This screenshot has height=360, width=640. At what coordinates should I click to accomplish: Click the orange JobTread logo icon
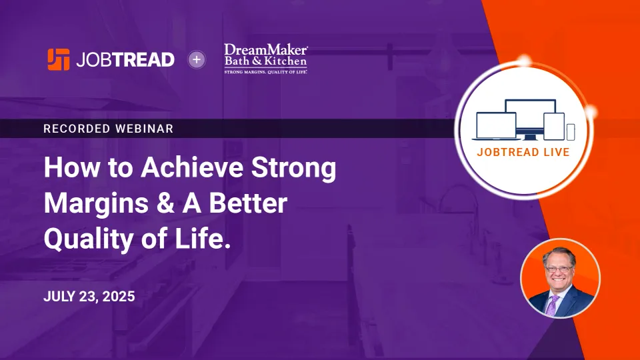(x=59, y=59)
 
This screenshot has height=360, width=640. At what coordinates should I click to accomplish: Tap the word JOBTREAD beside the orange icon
(x=125, y=60)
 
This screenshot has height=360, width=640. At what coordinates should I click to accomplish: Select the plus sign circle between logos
(x=197, y=59)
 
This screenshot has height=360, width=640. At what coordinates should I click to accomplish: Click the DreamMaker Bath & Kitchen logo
(x=266, y=59)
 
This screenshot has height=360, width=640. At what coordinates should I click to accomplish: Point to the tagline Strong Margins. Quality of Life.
(x=266, y=72)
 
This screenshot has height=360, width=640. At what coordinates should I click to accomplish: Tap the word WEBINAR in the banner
(x=145, y=129)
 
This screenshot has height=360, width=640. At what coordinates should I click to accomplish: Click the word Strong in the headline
(x=293, y=168)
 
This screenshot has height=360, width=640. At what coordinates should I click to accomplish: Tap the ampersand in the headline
(x=165, y=203)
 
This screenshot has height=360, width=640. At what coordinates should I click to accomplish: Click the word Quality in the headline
(x=89, y=239)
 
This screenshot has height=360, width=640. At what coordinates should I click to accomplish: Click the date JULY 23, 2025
(x=89, y=296)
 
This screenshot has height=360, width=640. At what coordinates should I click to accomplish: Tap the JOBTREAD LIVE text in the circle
(x=523, y=152)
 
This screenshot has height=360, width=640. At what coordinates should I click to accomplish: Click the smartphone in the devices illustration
(x=571, y=132)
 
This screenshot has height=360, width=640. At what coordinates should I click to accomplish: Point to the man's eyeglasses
(x=559, y=269)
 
